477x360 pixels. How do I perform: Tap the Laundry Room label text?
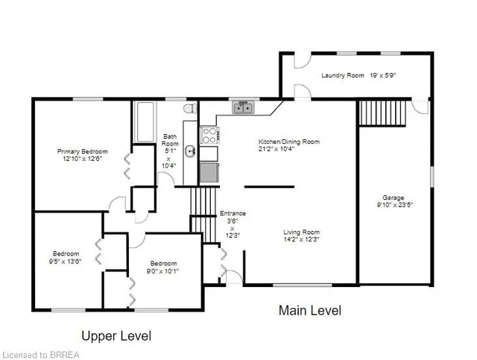342,75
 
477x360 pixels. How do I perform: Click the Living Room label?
301,232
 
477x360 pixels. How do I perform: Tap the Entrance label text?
236,214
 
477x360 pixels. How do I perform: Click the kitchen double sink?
243,108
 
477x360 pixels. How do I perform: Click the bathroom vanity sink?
191,152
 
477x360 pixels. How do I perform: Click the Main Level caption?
310,310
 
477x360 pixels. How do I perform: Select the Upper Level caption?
116,336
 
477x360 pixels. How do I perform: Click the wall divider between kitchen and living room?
269,186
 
